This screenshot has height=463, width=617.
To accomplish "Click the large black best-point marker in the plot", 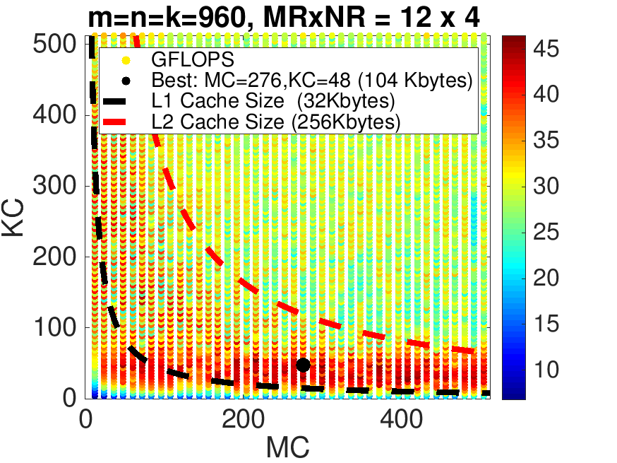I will [303, 365].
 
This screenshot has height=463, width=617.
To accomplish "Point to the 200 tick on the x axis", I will [241, 417].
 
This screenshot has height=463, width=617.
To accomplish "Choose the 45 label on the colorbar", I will [547, 49].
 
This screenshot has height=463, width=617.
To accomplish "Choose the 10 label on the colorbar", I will [547, 370].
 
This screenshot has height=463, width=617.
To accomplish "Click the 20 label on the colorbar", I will [547, 278].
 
